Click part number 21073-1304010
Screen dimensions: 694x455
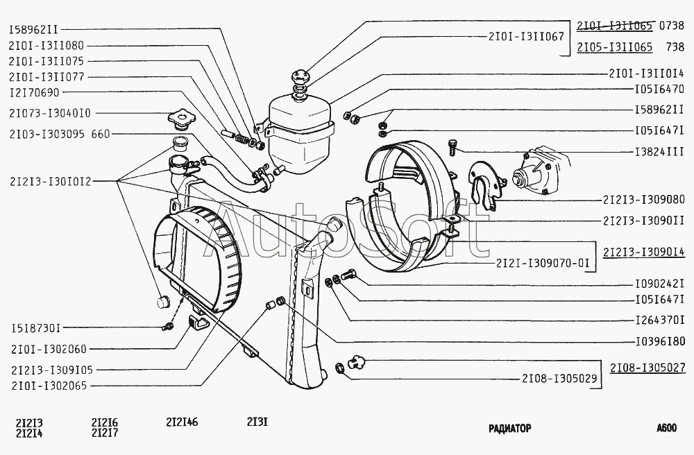tap(50, 113)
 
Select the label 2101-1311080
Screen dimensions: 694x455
tap(46, 46)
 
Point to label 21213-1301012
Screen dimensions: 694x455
tap(50, 181)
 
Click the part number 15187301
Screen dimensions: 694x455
tap(35, 329)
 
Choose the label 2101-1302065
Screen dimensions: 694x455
tap(49, 386)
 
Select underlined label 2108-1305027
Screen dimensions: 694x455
tap(648, 368)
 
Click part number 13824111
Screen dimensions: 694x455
tap(659, 152)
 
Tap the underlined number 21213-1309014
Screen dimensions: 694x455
tap(644, 252)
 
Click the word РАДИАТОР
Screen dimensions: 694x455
tap(509, 428)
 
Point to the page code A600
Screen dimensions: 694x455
tap(666, 427)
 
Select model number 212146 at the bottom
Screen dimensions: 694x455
tap(182, 422)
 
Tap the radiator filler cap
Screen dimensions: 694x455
tap(179, 120)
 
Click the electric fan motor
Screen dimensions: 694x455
tap(540, 171)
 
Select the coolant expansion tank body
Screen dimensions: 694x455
tap(300, 134)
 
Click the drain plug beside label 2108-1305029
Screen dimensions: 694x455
tap(356, 362)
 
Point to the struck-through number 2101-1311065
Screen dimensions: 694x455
tap(614, 26)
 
